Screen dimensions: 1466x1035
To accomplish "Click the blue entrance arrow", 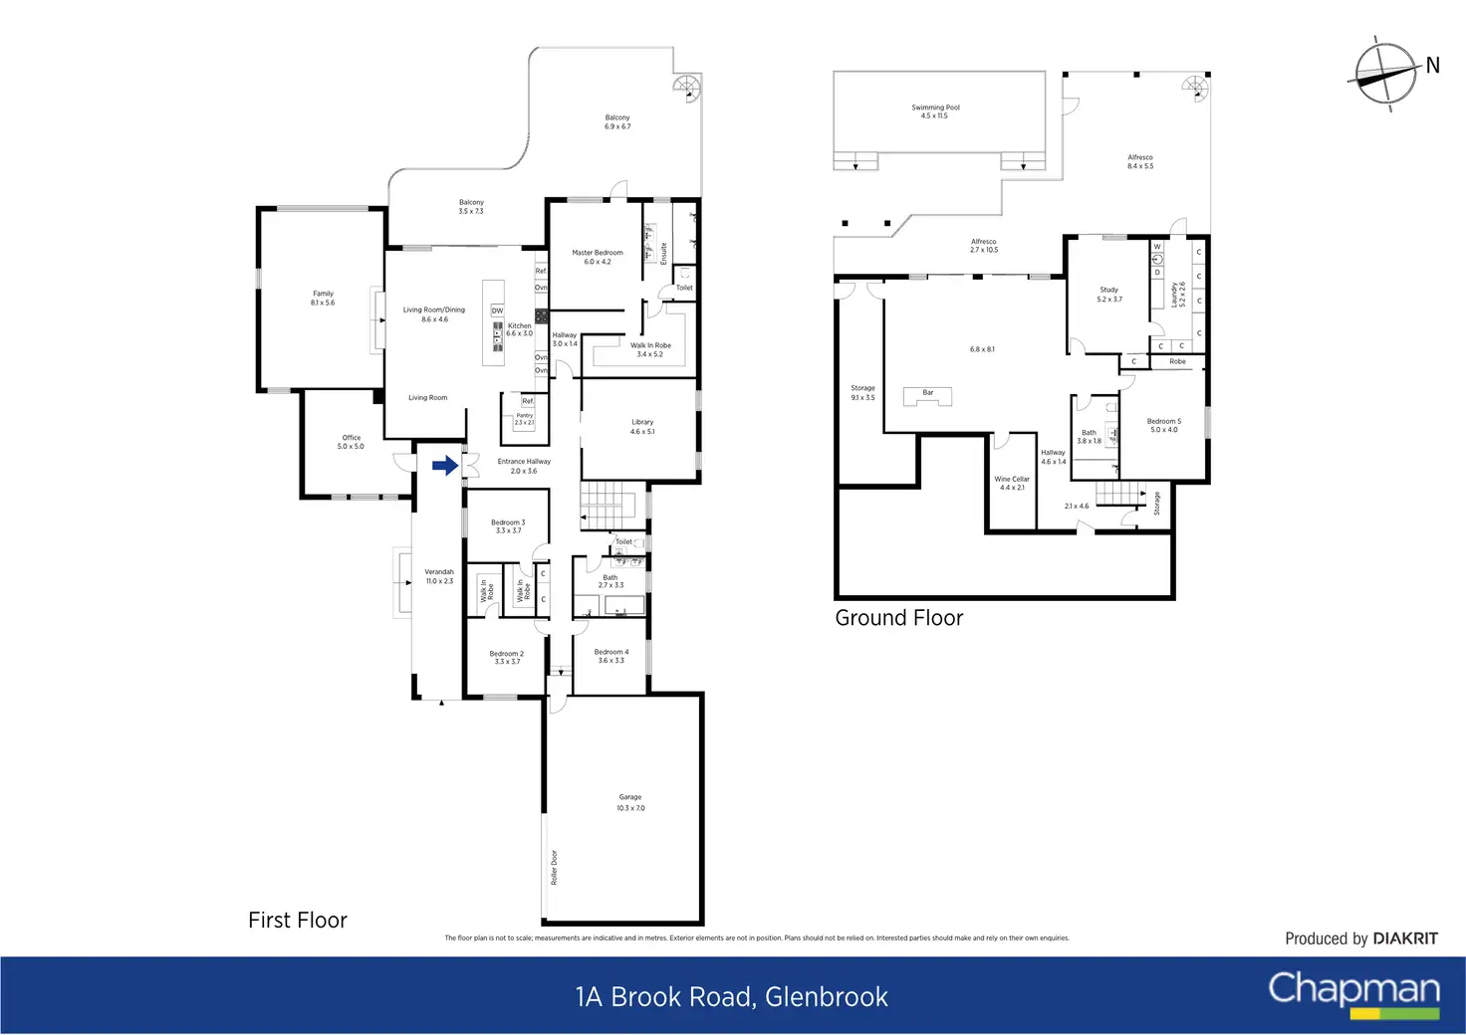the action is [445, 465].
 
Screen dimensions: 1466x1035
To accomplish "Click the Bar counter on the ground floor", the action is [927, 396].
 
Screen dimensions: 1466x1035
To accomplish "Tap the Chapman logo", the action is [1353, 991].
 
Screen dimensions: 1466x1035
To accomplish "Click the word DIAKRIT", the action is [1404, 938].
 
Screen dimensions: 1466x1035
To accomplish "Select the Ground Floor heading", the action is [898, 618].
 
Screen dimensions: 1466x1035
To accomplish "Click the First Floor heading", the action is [298, 921].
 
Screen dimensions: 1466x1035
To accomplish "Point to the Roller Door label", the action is [555, 867].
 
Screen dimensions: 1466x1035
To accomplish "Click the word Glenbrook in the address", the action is [826, 997].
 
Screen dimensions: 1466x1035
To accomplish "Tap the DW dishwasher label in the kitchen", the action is [497, 310].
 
